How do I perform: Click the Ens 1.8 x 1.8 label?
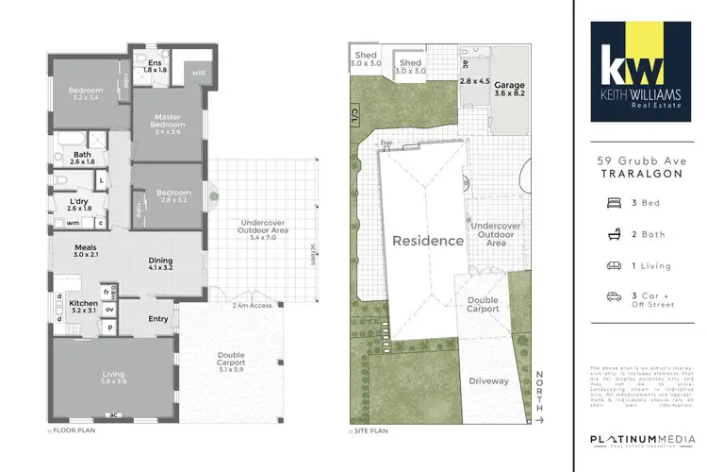[153, 66]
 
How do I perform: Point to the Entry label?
[158, 318]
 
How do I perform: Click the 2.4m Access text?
[252, 306]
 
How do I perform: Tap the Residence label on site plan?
[429, 241]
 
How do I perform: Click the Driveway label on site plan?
[489, 381]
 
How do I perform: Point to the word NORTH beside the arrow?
[541, 387]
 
